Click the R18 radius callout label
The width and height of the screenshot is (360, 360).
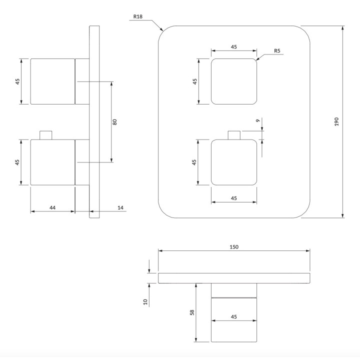pos(138,16)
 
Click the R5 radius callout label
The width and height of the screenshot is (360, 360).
pos(277,50)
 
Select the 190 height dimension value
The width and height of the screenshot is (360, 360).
pos(336,121)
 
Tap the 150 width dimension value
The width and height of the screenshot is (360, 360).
pos(234,247)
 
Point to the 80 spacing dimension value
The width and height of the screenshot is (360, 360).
pos(115,122)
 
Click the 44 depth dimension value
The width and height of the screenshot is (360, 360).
pos(52,207)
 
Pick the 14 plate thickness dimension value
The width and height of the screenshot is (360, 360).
pos(120,207)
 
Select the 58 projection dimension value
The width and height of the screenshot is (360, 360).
pos(192,312)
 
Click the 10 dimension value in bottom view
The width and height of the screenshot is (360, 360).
pos(145,301)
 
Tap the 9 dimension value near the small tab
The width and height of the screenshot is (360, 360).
pos(257,120)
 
